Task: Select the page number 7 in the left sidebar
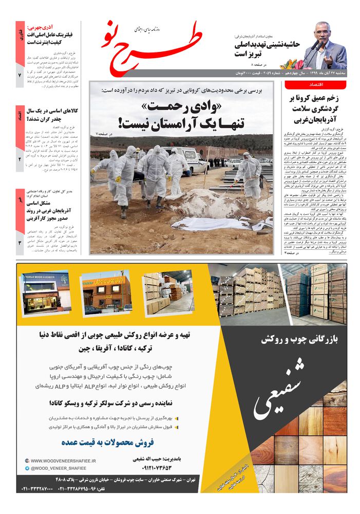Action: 20,75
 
